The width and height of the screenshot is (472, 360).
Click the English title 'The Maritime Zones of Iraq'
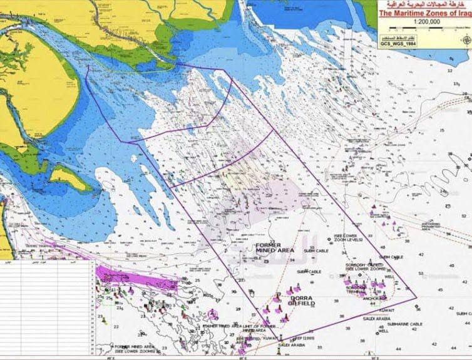point(424,12)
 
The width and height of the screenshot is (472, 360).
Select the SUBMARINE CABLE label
point(404,324)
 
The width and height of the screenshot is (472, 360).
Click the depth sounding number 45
point(440,290)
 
